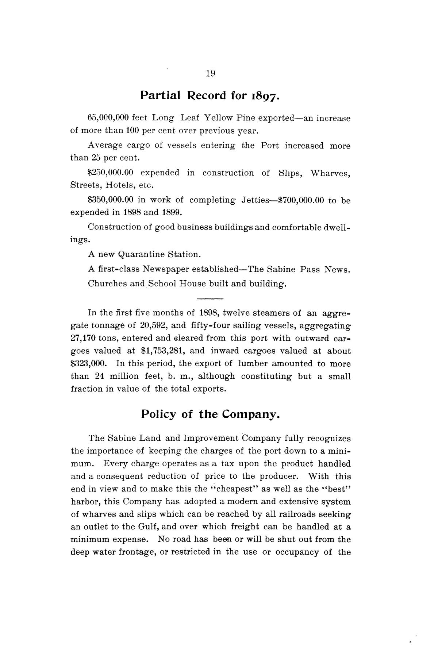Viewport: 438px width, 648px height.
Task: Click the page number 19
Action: (x=211, y=73)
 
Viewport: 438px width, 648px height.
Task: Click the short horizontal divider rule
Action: (x=210, y=298)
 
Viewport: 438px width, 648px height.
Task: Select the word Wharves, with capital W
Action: (x=330, y=173)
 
